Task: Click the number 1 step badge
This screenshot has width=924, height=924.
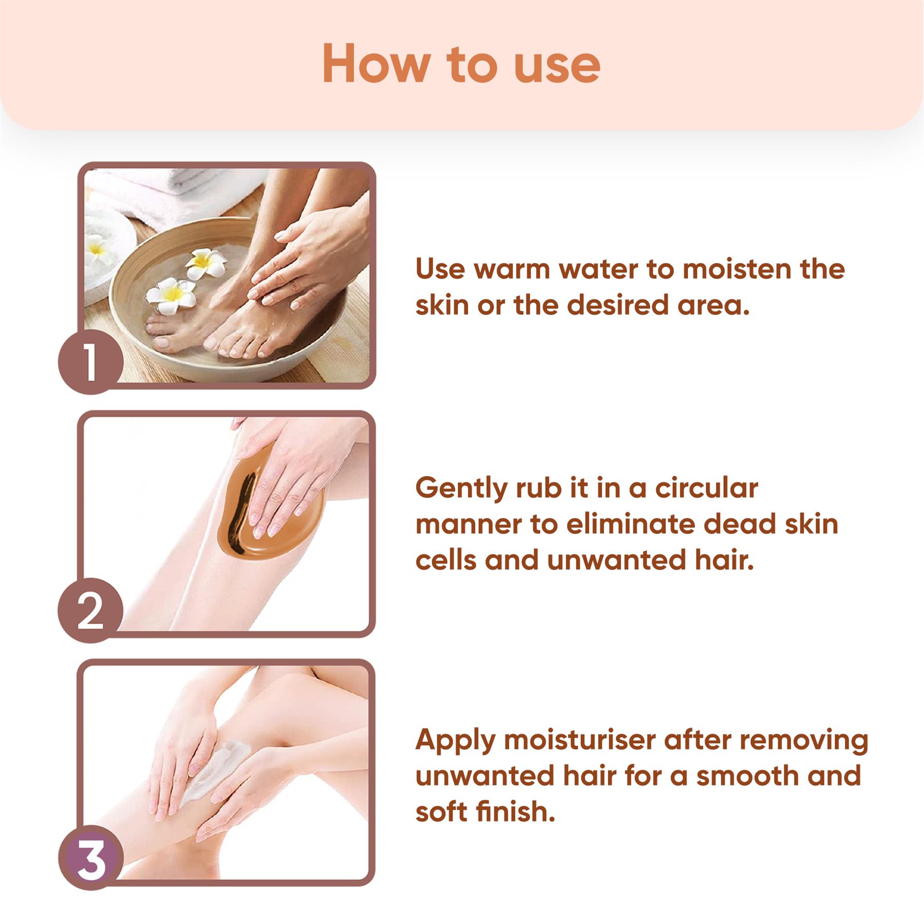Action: pos(90,362)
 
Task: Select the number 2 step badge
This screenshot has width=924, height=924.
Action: pos(90,611)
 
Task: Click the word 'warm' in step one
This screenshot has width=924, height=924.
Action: pos(511,269)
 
